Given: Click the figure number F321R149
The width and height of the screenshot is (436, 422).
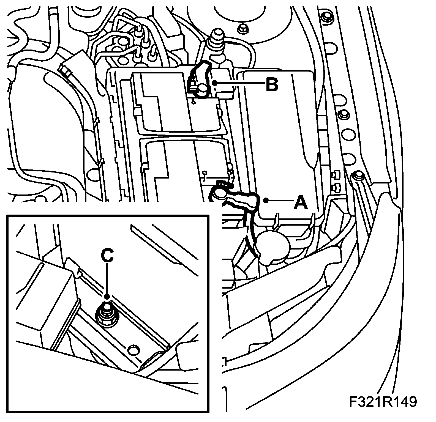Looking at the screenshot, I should point(383,402).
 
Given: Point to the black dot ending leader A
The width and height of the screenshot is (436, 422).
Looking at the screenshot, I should point(266,201).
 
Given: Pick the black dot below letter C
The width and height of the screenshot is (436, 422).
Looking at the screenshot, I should point(107,297).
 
